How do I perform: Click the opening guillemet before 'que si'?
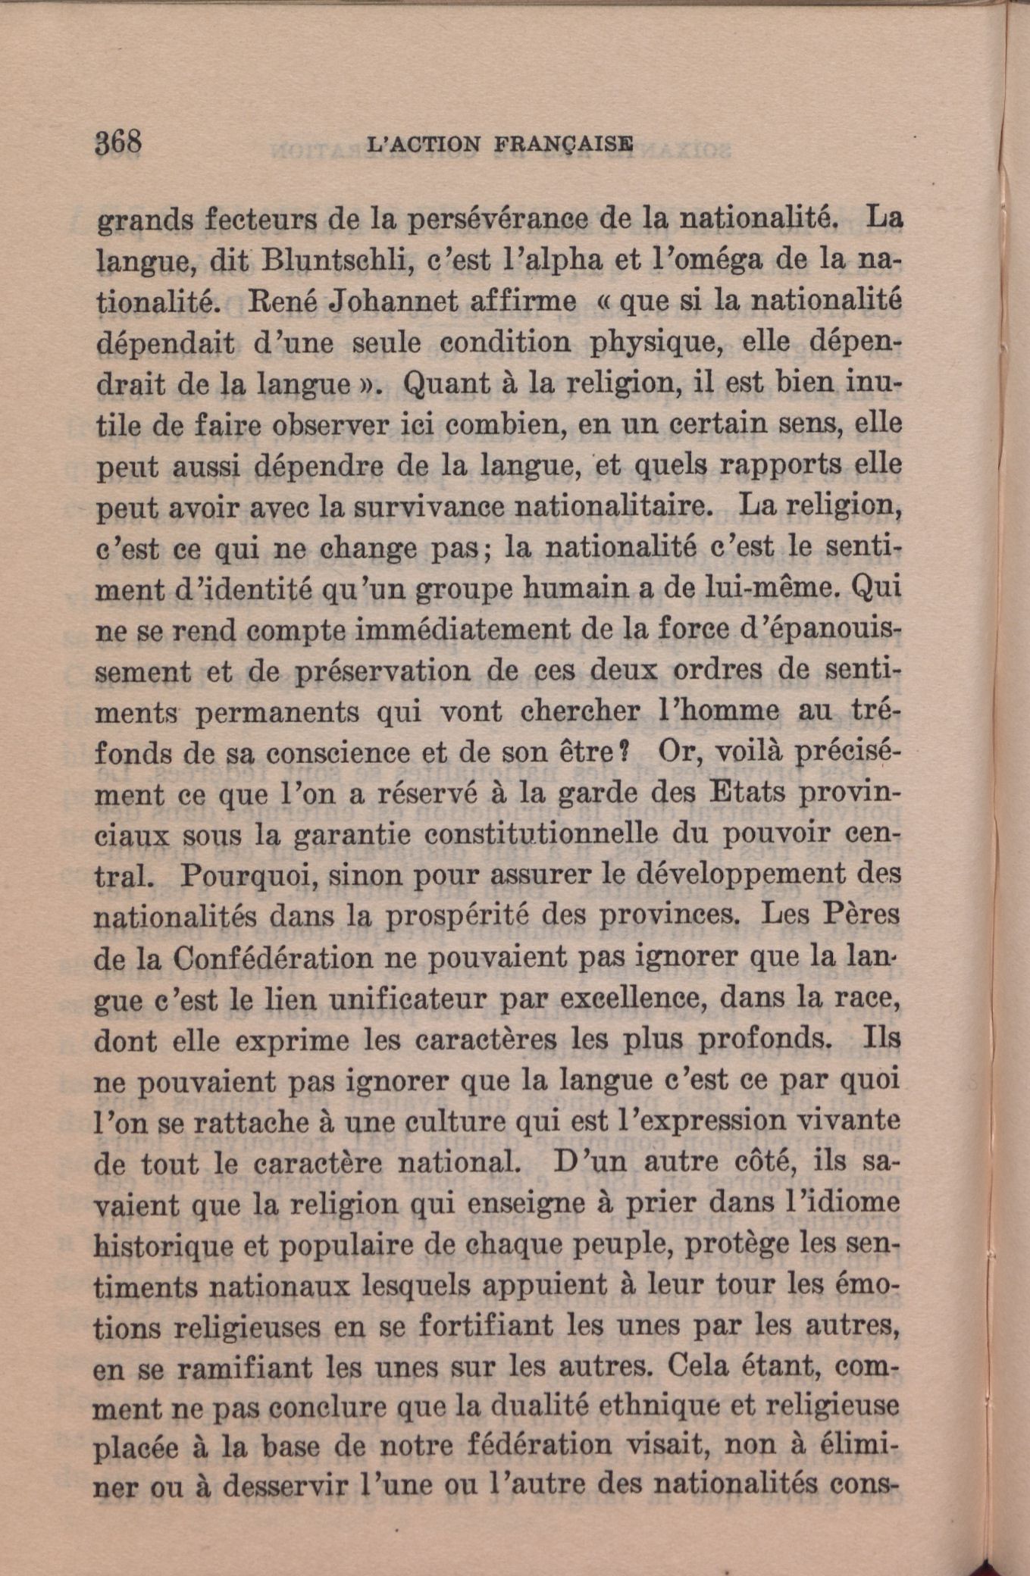(x=605, y=303)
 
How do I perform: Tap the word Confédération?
(x=273, y=958)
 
